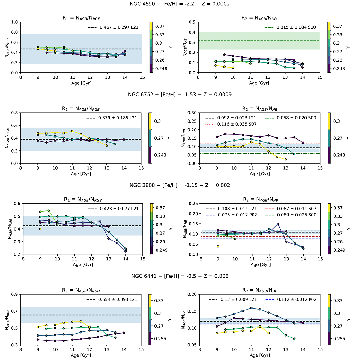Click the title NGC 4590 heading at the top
(x=180, y=4)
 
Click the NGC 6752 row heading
(x=180, y=95)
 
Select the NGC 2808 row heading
(x=180, y=185)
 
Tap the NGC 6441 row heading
(x=180, y=276)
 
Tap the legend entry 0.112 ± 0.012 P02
(x=293, y=299)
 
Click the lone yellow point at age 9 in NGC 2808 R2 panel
(x=218, y=246)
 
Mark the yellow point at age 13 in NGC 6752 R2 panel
(x=286, y=159)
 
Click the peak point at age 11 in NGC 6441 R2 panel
(x=251, y=308)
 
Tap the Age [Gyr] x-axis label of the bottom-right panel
(x=259, y=355)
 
